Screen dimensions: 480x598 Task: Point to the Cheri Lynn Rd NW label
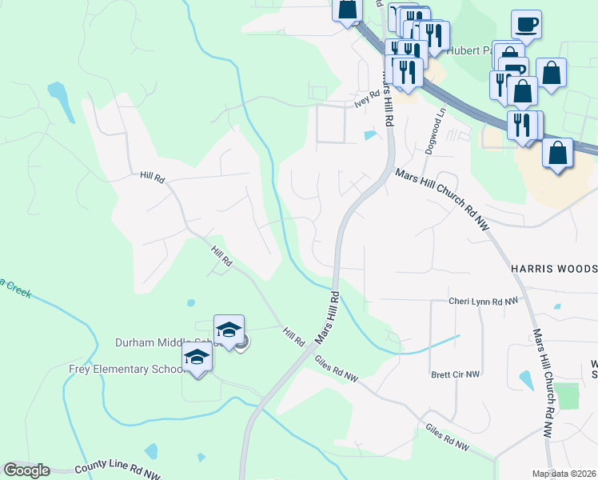pyautogui.click(x=484, y=302)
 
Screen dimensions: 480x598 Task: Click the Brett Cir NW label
pyautogui.click(x=455, y=374)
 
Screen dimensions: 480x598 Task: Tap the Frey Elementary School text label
pyautogui.click(x=121, y=369)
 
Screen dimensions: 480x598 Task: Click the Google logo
pyautogui.click(x=26, y=470)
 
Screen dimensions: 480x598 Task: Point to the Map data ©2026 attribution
pyautogui.click(x=564, y=474)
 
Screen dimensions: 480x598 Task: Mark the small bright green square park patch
pyautogui.click(x=567, y=396)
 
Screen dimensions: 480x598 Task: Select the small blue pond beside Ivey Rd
pyautogui.click(x=370, y=135)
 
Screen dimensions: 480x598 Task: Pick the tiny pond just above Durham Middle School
pyautogui.click(x=190, y=303)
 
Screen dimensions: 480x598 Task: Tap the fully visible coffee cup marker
pyautogui.click(x=525, y=25)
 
